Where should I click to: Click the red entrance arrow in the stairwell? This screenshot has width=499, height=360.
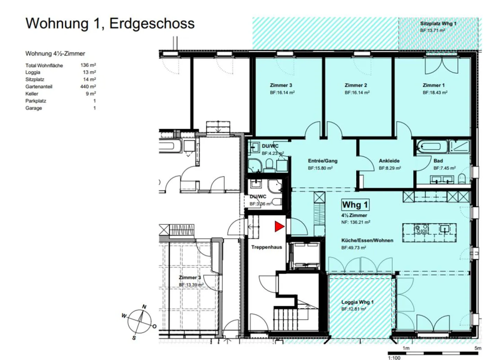(279, 226)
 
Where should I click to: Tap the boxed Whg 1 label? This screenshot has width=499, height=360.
(355, 205)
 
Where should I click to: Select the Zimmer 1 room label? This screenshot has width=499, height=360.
(434, 85)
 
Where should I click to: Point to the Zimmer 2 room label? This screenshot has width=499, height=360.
(356, 85)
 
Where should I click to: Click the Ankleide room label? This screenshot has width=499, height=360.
(389, 161)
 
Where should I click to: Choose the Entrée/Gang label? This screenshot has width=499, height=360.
(323, 161)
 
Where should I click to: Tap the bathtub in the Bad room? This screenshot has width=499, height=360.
(432, 147)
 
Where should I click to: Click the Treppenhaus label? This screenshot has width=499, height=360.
(266, 247)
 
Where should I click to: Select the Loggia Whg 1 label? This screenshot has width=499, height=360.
(357, 302)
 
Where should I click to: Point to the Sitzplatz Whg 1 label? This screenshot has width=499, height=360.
(438, 23)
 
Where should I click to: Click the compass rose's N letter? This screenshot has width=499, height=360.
(144, 307)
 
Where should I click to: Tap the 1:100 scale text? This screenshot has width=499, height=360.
(394, 358)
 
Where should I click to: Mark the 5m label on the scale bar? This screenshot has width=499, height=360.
(478, 348)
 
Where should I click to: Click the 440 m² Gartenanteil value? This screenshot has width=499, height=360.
(88, 86)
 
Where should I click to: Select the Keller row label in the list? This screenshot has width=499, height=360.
(32, 94)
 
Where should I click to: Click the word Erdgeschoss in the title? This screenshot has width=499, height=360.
(152, 24)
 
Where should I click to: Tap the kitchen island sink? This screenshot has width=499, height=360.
(445, 229)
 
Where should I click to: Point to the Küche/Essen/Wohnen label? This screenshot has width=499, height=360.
(367, 240)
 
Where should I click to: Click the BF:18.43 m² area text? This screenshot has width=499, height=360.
(435, 92)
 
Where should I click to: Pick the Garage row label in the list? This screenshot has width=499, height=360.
(34, 108)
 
